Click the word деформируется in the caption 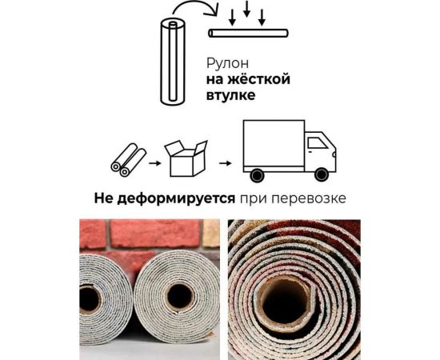click(183, 197)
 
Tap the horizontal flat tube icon click(249, 34)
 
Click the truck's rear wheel click(258, 175)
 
